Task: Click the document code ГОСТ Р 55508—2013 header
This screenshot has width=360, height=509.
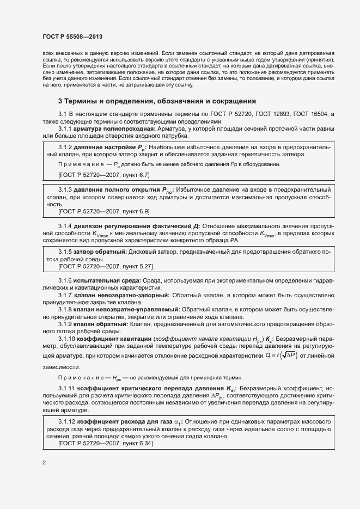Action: [x=72, y=36]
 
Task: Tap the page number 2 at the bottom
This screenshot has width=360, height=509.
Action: [x=44, y=462]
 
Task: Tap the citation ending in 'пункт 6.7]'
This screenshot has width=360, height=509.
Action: [x=104, y=174]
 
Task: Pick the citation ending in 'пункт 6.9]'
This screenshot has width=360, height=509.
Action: [x=104, y=211]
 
